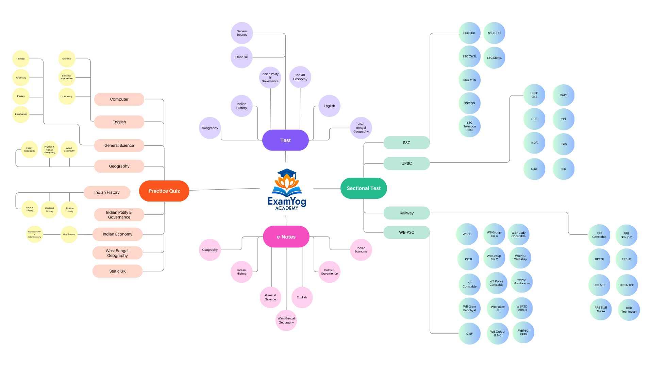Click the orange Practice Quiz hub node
click(x=164, y=191)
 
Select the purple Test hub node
click(x=285, y=140)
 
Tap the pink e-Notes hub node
click(x=286, y=237)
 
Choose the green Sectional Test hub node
click(x=364, y=188)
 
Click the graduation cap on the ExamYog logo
click(x=287, y=173)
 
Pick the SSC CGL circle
click(x=469, y=33)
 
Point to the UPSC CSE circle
click(x=534, y=95)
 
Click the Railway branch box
click(x=406, y=213)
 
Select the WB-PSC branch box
click(x=406, y=232)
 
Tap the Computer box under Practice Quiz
click(x=119, y=99)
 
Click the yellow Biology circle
click(x=21, y=59)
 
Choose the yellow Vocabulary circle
click(x=67, y=97)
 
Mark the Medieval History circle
click(x=49, y=210)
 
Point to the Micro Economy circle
click(x=69, y=234)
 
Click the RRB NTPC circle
click(x=627, y=285)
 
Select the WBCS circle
click(x=467, y=234)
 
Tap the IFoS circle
click(x=564, y=144)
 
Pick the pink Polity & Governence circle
click(x=329, y=272)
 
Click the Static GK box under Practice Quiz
click(x=117, y=271)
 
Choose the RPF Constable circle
click(x=599, y=235)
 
